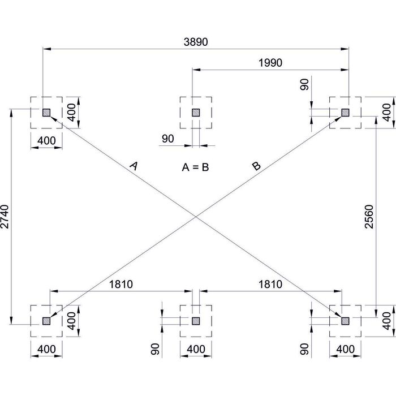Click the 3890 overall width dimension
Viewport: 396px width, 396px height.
pos(195,42)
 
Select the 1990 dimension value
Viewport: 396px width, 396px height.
pos(270,63)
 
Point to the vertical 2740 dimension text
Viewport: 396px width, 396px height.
pos(6,217)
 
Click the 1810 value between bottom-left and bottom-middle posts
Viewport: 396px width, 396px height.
pos(120,285)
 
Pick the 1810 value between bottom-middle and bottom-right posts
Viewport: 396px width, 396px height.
pos(270,285)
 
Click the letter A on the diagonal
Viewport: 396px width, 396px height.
pos(134,165)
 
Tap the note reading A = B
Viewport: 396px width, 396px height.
pos(195,167)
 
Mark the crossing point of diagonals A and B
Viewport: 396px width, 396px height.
pos(196,217)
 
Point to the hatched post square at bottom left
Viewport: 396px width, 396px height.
pos(46,321)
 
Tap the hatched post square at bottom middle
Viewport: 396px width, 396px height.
pos(196,321)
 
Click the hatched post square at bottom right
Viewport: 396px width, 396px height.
pos(345,321)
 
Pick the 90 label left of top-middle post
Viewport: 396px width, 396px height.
pos(167,139)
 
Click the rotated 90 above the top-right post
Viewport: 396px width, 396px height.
pos(304,85)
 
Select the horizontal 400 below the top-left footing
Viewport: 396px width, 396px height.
pos(46,140)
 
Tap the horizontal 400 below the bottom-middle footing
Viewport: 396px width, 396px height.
pos(196,349)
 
